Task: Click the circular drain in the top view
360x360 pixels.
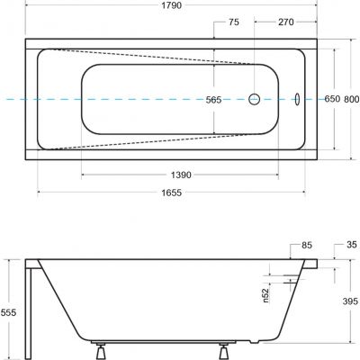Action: coord(256,99)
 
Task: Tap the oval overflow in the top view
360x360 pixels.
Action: coord(300,99)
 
